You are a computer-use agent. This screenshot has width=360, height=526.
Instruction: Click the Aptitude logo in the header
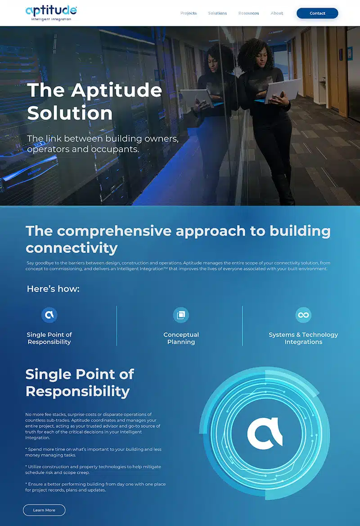coord(51,13)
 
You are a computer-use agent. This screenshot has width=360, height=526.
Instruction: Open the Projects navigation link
coord(189,13)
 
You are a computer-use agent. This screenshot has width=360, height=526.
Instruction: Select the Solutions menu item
coord(217,13)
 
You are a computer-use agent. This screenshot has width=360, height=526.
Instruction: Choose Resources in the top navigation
coord(248,13)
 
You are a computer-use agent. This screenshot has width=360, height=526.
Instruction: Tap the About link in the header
coord(277,13)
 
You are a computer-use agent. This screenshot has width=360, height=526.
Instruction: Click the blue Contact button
coord(317,13)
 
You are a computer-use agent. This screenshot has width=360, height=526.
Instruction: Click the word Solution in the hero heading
coord(70,113)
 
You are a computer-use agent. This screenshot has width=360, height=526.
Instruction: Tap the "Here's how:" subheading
coord(53,289)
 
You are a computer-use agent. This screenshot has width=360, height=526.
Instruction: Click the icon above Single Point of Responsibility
coord(49,315)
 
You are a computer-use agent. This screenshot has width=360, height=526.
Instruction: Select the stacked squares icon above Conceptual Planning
coord(181,315)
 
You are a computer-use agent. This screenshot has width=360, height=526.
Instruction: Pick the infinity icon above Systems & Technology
coord(303,315)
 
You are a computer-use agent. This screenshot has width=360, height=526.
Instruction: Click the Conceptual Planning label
coord(181,338)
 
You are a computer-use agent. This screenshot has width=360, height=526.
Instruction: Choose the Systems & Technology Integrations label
coord(303,338)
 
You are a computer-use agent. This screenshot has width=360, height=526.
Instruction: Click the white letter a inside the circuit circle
coord(265,433)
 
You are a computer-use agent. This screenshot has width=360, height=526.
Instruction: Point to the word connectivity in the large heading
coord(72,248)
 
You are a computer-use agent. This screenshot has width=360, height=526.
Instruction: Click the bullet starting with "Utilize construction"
coord(93,470)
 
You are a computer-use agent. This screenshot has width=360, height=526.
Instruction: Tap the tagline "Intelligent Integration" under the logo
coord(51,19)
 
